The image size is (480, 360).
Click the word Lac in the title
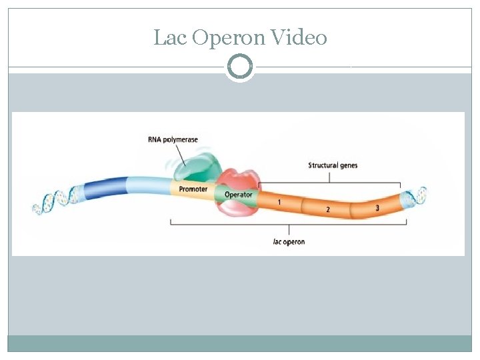click(170, 37)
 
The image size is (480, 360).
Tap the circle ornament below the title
click(240, 67)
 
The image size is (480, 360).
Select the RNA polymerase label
click(173, 139)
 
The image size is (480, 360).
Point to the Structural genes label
click(333, 165)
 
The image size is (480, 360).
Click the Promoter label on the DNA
click(193, 189)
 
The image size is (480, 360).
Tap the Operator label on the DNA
click(239, 195)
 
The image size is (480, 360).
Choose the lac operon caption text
click(289, 241)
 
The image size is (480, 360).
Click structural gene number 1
click(279, 201)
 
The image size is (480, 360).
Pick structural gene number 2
click(328, 209)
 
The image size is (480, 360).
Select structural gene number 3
click(377, 208)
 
